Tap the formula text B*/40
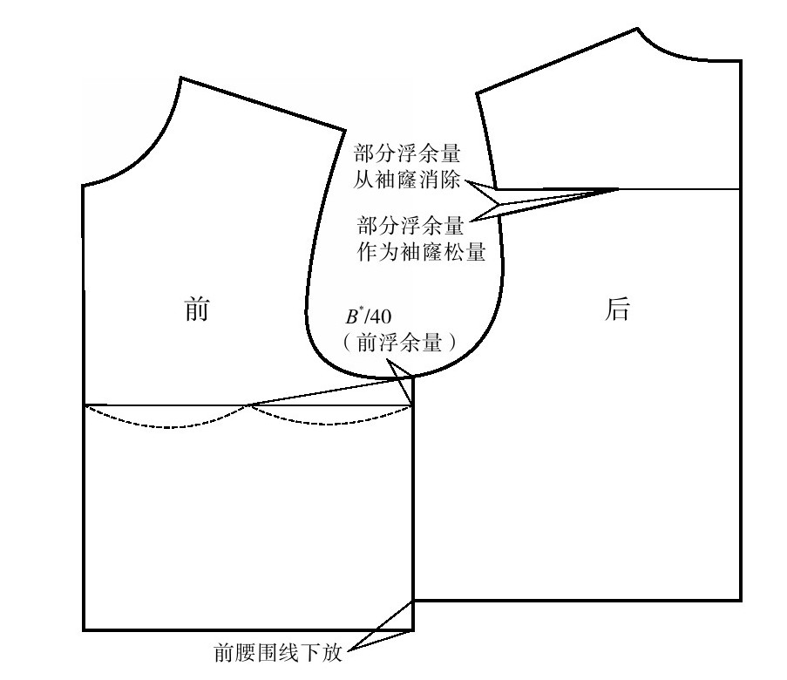(x=369, y=316)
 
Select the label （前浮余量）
(x=399, y=343)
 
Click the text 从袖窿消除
(x=406, y=179)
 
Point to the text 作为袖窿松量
(x=421, y=251)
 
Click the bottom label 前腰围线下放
(x=278, y=653)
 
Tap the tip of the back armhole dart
(x=619, y=189)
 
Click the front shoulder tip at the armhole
(x=345, y=131)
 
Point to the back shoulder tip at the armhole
(x=477, y=93)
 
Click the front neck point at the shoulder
(x=180, y=78)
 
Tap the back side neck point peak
(x=637, y=29)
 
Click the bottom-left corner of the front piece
(x=84, y=629)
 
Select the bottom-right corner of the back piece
(x=741, y=600)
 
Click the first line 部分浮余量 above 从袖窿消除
(x=407, y=153)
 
